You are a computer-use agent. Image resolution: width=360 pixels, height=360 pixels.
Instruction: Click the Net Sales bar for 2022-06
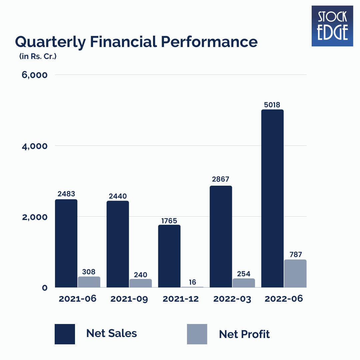[x=272, y=198]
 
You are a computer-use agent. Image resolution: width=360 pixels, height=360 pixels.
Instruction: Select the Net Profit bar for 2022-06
[x=295, y=273]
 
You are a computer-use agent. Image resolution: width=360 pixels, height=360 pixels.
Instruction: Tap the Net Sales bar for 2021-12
[x=169, y=256]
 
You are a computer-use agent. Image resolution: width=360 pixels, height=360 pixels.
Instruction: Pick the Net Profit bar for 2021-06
[x=89, y=282]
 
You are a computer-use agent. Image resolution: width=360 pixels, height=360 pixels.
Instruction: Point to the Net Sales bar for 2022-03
[x=221, y=236]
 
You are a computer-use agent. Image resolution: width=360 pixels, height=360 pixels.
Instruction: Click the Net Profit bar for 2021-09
[x=141, y=283]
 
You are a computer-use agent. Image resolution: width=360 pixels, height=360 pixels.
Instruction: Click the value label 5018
[x=272, y=105]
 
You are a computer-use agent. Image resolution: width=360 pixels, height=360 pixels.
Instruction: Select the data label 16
[x=192, y=282]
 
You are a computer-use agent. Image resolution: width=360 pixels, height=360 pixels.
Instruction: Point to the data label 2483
[x=66, y=194]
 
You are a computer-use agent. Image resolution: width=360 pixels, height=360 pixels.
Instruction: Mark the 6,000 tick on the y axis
[x=35, y=75]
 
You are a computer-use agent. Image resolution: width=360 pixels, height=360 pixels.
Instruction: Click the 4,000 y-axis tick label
[x=35, y=146]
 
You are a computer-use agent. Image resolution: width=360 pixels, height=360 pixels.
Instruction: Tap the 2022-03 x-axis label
[x=232, y=299]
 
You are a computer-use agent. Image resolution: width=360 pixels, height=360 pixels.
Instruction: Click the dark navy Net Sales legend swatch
[x=65, y=334]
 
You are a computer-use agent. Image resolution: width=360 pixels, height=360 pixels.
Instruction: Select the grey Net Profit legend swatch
[x=197, y=334]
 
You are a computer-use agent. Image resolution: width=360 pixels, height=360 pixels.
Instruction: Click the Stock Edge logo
[x=332, y=26]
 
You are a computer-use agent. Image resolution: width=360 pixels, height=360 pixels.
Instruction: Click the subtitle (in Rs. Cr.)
[x=38, y=57]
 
